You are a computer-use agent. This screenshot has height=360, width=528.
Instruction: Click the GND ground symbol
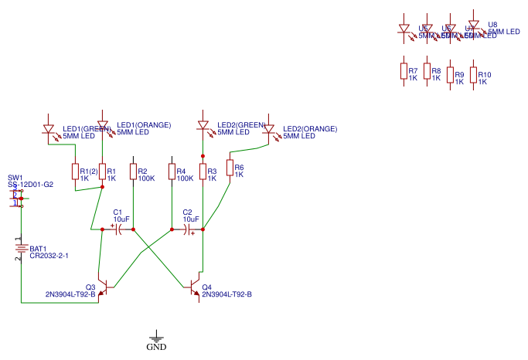[157, 337]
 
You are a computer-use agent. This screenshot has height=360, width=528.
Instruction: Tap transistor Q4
[198, 287]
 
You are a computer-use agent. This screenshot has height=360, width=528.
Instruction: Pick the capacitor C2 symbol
[188, 229]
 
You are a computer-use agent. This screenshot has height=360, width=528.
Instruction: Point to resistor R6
[230, 168]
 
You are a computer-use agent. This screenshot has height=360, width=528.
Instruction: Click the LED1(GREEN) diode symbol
[48, 130]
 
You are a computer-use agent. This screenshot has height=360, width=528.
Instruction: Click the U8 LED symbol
[474, 25]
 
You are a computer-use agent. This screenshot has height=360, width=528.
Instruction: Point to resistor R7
[403, 72]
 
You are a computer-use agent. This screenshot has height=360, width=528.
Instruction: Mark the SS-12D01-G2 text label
[30, 185]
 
